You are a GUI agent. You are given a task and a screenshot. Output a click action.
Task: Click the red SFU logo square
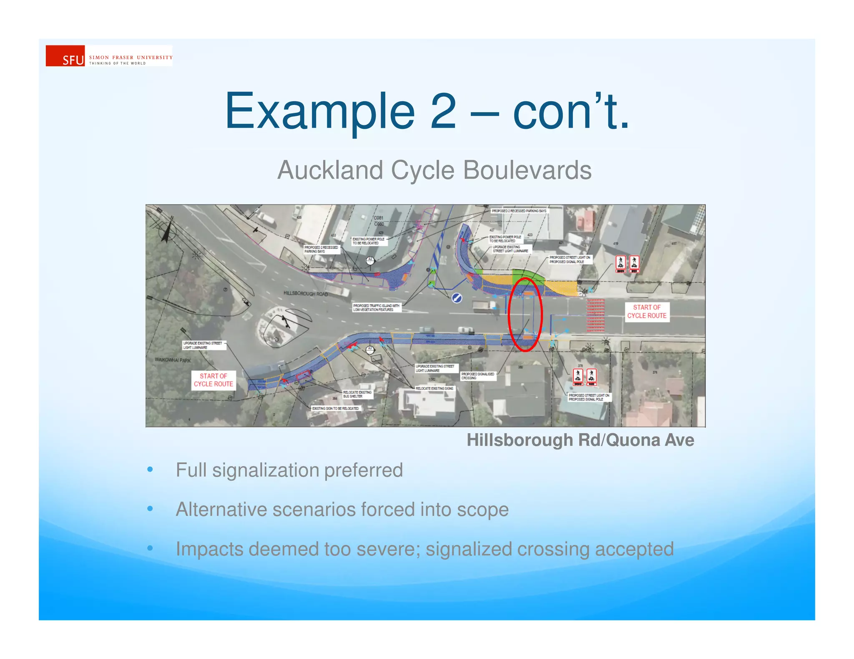[65, 56]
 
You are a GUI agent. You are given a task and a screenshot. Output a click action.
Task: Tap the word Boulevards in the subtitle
[527, 170]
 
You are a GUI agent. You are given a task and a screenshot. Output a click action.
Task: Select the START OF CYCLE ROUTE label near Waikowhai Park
[213, 380]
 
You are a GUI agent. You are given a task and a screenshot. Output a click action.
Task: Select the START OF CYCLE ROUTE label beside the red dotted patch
[646, 312]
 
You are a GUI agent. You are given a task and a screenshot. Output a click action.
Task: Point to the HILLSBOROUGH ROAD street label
[306, 294]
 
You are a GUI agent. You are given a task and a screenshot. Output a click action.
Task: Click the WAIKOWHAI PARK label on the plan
[173, 360]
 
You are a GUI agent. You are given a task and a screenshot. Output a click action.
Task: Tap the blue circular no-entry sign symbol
[457, 298]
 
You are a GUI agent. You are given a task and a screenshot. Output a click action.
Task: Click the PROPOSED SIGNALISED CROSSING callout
[477, 376]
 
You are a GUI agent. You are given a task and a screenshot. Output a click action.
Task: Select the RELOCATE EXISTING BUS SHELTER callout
[357, 394]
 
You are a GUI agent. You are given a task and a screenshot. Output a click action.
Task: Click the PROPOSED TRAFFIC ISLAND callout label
[376, 307]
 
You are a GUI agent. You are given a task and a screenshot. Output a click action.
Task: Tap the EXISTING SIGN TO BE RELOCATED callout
[335, 408]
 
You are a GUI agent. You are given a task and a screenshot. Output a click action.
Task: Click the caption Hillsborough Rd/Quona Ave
[580, 440]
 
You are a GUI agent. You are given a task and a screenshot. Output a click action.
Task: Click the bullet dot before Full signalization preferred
[150, 469]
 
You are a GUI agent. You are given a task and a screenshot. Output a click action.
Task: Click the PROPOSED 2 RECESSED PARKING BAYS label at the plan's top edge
[519, 211]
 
